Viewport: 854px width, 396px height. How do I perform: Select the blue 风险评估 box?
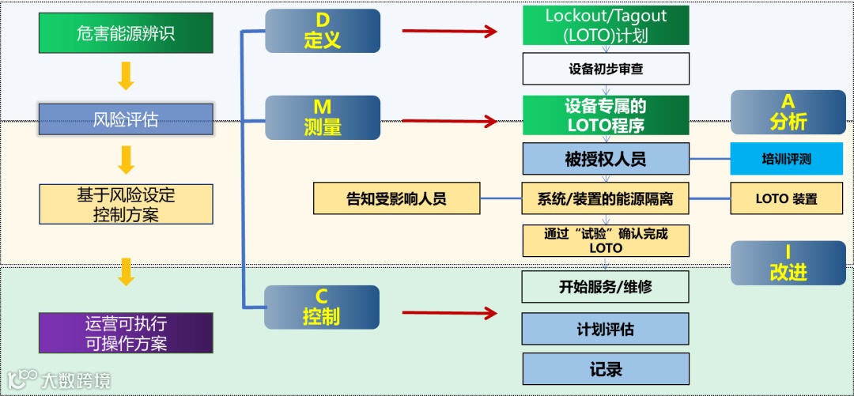[126, 119]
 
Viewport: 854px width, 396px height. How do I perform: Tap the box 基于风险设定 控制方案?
[126, 204]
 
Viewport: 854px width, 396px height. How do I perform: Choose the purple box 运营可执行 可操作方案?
[126, 333]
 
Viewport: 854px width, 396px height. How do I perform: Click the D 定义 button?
[323, 32]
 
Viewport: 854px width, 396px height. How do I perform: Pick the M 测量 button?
[323, 117]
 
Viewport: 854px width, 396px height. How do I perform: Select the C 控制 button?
[323, 307]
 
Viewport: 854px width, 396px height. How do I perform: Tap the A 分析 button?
[788, 111]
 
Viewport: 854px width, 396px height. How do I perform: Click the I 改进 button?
[788, 263]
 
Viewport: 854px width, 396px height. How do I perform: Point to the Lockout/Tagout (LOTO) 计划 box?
[606, 26]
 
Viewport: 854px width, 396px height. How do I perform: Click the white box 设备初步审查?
[606, 69]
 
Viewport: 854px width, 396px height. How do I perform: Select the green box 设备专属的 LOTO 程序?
[606, 115]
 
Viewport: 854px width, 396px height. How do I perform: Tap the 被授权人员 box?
[606, 159]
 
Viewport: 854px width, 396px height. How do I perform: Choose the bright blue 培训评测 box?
[786, 159]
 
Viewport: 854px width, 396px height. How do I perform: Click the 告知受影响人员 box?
[396, 198]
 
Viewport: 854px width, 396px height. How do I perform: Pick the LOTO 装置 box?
[786, 198]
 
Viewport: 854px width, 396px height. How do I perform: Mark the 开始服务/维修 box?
[606, 287]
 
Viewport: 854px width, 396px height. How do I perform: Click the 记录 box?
[606, 369]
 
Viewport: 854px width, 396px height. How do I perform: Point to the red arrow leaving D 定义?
[449, 32]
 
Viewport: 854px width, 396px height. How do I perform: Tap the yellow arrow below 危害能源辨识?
[126, 75]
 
